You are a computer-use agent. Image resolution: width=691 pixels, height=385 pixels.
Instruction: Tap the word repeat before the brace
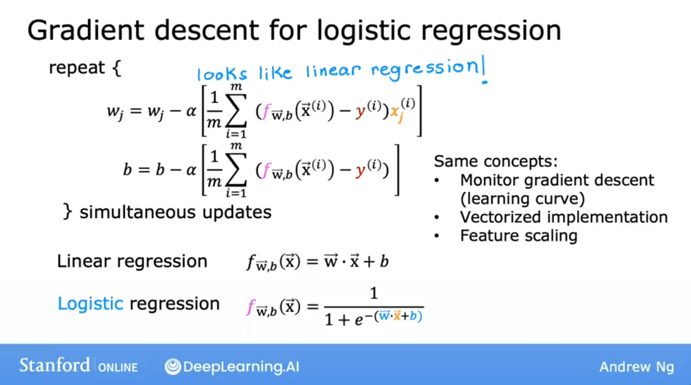pos(77,68)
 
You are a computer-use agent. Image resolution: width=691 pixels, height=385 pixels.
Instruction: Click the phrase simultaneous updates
pos(175,212)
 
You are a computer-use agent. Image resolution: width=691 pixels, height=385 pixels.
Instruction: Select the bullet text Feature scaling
pos(518,236)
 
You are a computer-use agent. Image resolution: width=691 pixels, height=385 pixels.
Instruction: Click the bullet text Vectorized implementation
pos(563,217)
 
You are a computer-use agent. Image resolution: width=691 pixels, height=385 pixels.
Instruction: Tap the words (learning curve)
pos(522,199)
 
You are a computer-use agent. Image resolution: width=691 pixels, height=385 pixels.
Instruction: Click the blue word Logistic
pos(90,304)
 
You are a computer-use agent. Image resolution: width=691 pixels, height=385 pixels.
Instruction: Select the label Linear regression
pos(132,261)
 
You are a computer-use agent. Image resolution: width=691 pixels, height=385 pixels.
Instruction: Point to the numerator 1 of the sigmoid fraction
pos(374,294)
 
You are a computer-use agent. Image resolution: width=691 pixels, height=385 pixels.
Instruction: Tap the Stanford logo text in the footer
pos(55,365)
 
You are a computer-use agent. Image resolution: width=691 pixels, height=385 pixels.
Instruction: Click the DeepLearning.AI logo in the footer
pos(232,366)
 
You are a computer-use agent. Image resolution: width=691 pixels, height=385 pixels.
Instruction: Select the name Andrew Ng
pos(636,367)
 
